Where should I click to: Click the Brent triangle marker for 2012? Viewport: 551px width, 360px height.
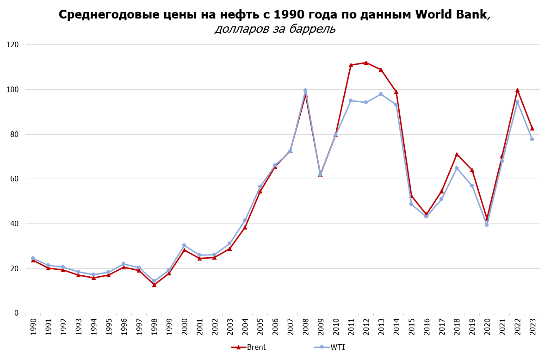click(366, 62)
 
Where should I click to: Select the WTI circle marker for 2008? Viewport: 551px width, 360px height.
click(305, 90)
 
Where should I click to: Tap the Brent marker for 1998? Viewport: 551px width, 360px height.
click(154, 285)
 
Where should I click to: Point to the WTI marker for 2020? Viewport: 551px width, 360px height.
click(487, 224)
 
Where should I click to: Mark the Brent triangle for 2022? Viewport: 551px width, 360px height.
click(517, 90)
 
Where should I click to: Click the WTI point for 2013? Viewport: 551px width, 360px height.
click(381, 94)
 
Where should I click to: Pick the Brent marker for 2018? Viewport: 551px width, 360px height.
click(457, 155)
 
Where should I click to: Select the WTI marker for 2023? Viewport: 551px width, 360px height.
click(532, 139)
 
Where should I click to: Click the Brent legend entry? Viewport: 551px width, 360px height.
click(248, 348)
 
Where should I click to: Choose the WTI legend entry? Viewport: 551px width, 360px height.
click(329, 348)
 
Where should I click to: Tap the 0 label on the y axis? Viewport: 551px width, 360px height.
click(17, 313)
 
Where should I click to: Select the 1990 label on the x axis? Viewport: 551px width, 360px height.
click(33, 327)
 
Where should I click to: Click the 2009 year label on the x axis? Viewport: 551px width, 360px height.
click(321, 327)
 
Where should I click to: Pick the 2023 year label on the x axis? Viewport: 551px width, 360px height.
click(532, 327)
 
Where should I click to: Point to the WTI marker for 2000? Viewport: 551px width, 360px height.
click(184, 245)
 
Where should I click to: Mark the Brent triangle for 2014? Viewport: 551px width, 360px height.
click(396, 92)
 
